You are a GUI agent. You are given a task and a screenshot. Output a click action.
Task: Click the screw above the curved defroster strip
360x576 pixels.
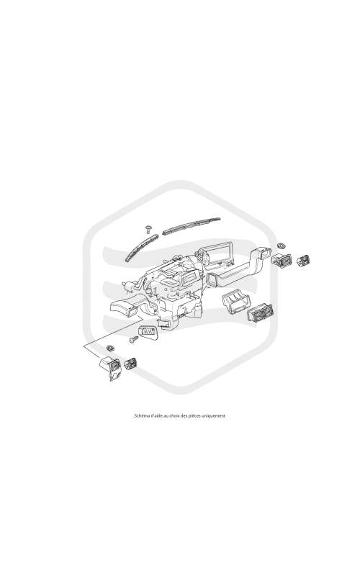(x=149, y=229)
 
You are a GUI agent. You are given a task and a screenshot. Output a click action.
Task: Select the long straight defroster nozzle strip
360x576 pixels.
(x=192, y=225)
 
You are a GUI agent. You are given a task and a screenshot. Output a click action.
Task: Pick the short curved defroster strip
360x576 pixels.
(x=141, y=247)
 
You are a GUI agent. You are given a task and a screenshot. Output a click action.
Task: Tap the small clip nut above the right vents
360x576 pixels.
(x=282, y=245)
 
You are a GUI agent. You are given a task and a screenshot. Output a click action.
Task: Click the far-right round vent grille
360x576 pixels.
(x=302, y=261)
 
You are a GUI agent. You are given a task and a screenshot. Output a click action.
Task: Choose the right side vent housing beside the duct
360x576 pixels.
(x=282, y=260)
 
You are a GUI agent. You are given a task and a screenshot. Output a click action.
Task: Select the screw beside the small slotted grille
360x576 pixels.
(x=134, y=339)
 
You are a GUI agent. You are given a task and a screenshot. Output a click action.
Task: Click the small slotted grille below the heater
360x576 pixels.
(x=148, y=332)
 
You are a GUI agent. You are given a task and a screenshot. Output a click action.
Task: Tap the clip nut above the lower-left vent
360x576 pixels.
(x=109, y=348)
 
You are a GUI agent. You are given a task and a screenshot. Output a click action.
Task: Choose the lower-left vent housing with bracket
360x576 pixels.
(x=110, y=367)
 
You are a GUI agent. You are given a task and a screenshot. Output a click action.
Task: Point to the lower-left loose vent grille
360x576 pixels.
(x=130, y=364)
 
